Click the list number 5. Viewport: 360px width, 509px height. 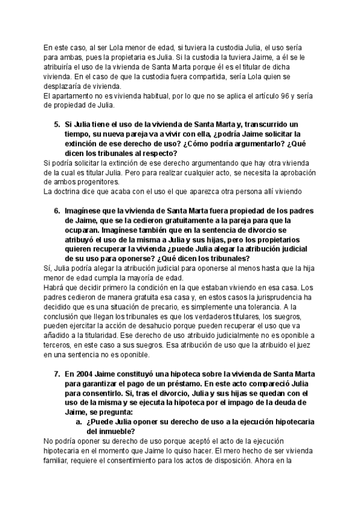tap(56, 124)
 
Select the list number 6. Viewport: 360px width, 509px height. tap(56, 212)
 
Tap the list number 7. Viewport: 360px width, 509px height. tap(56, 373)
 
